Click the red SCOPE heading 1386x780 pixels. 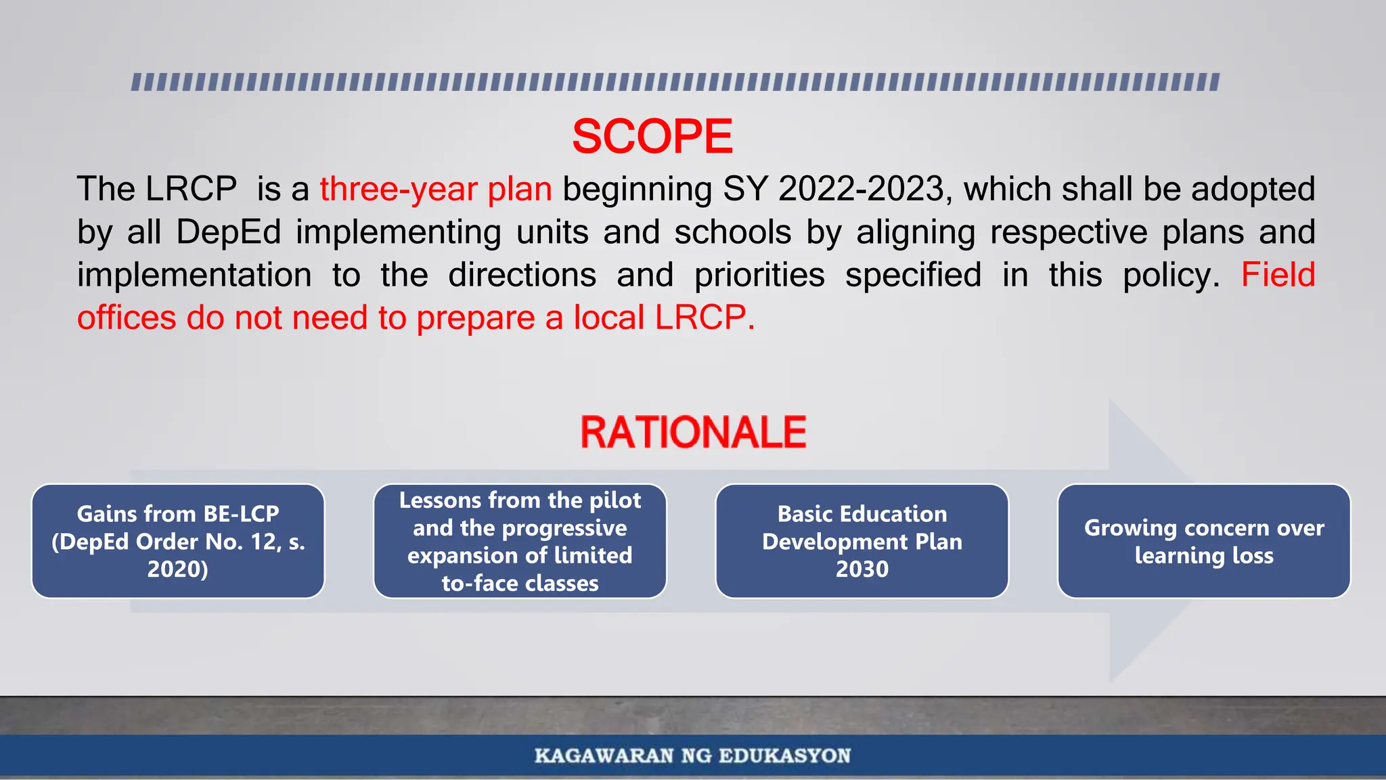(652, 137)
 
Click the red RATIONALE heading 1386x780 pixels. (693, 433)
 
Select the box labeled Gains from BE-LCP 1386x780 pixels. (178, 541)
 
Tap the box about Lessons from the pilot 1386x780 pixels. (520, 541)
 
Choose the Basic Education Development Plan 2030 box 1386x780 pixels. (862, 541)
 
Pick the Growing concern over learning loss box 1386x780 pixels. (1203, 541)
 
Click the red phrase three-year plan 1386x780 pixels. (436, 189)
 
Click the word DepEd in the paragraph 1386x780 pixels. (229, 232)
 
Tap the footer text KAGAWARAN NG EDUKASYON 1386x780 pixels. (692, 756)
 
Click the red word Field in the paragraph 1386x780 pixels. (1278, 275)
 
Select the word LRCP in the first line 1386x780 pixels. (191, 189)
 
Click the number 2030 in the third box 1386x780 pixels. (862, 569)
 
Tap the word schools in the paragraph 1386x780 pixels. (732, 232)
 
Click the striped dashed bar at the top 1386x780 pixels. (675, 82)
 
